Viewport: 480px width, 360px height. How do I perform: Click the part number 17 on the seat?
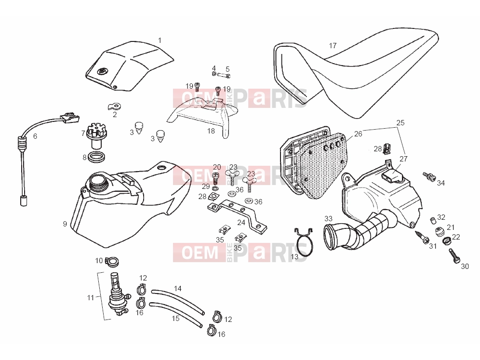(x=333, y=46)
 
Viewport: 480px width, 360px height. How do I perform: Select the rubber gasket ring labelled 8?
(x=96, y=157)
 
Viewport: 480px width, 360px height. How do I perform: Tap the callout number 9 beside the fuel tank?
(x=65, y=224)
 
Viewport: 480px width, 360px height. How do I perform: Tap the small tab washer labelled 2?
(x=115, y=107)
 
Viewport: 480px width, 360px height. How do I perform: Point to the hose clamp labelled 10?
(x=112, y=261)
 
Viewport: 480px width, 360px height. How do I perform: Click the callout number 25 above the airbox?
(x=400, y=123)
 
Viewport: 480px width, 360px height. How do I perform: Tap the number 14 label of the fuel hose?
(x=178, y=288)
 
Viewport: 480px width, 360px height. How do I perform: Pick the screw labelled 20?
(x=216, y=178)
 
